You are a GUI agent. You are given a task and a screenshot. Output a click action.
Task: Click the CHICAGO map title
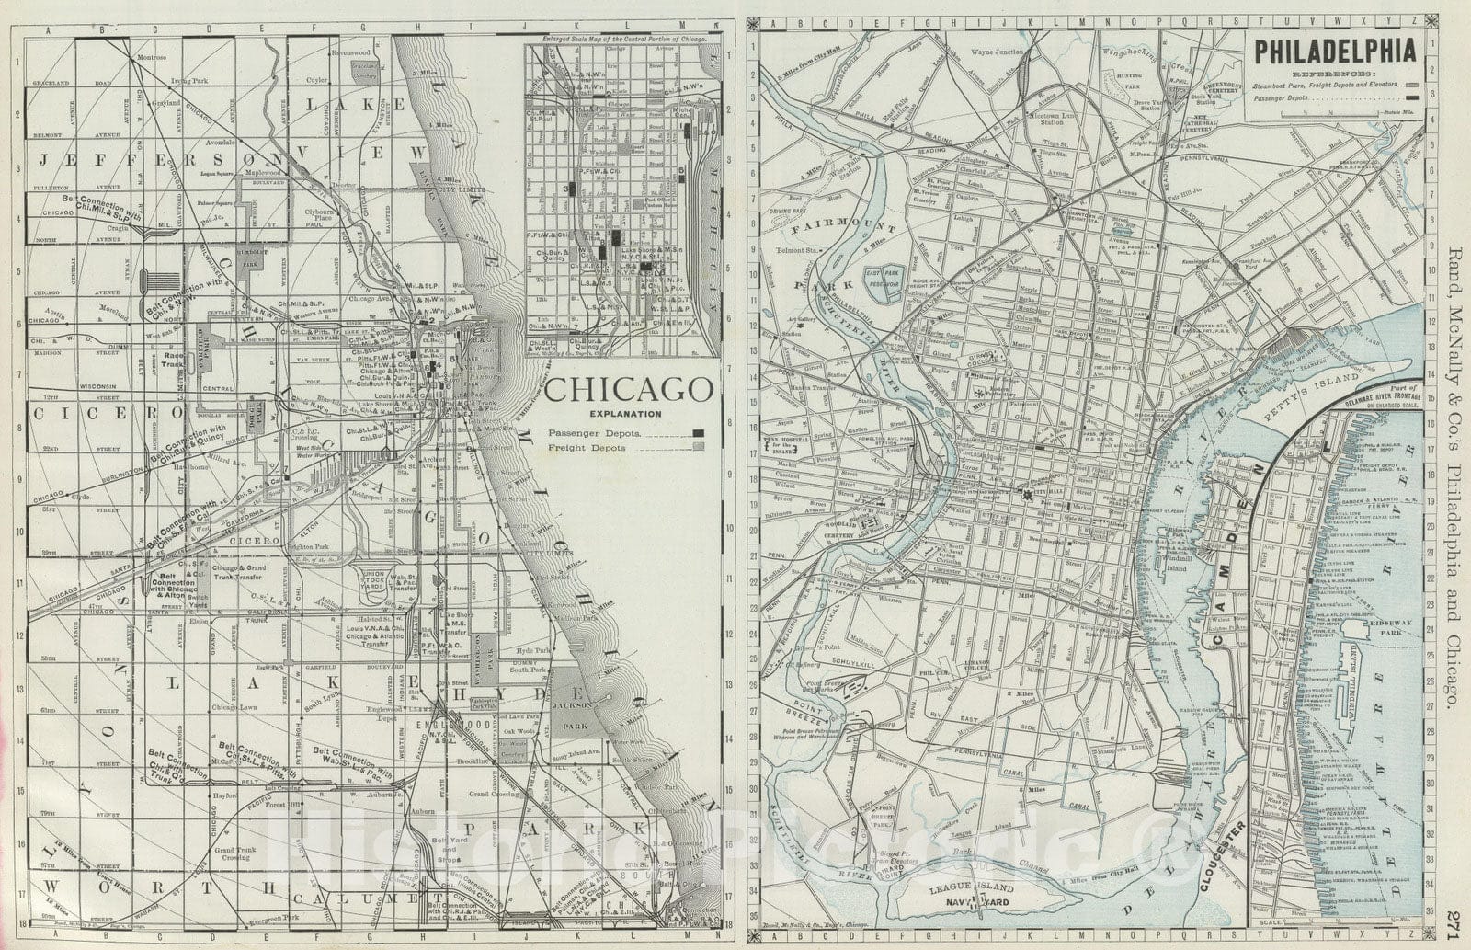coord(630,391)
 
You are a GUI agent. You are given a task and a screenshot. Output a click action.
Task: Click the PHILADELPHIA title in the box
coord(1331,52)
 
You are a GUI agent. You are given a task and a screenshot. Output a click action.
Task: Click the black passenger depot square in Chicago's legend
coord(699,432)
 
